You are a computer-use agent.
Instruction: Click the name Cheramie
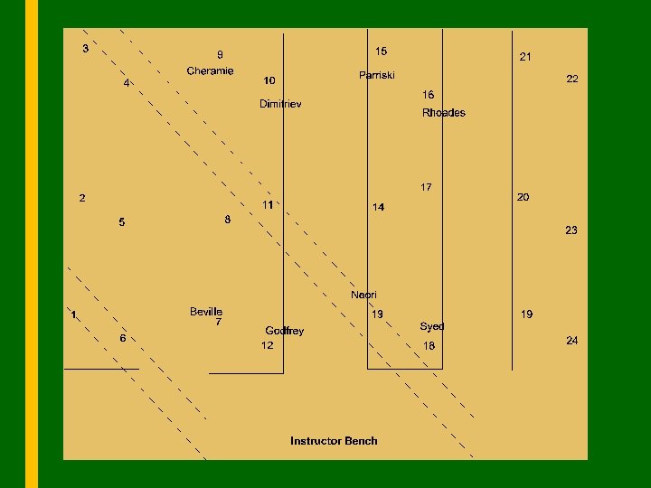click(210, 70)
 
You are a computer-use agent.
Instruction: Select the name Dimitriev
click(280, 104)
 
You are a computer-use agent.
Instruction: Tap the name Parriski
click(377, 75)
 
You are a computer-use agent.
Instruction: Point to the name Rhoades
click(444, 113)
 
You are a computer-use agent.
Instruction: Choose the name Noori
click(364, 295)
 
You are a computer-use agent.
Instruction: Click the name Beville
click(206, 312)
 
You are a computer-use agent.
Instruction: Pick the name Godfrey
click(285, 331)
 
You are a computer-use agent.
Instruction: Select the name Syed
click(432, 325)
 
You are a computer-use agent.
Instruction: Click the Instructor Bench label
click(334, 441)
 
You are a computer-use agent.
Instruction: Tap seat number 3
click(86, 49)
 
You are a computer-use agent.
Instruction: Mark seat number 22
click(572, 80)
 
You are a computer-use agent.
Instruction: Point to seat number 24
click(572, 341)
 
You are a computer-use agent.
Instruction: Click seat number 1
click(74, 314)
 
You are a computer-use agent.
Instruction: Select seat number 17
click(426, 187)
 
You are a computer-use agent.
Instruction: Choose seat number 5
click(122, 222)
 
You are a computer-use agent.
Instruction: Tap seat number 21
click(525, 57)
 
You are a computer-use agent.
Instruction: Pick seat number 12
click(268, 345)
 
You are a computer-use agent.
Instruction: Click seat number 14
click(378, 208)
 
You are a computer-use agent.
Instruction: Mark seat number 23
click(571, 230)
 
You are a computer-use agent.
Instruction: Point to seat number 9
click(220, 54)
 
